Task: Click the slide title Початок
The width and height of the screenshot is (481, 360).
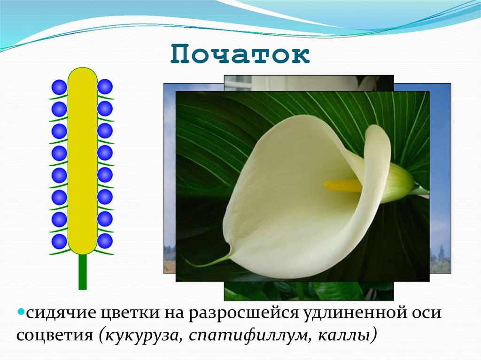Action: pos(240,55)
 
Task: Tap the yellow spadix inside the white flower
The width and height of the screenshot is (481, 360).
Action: pos(342,185)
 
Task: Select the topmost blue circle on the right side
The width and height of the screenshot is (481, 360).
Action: pos(105,87)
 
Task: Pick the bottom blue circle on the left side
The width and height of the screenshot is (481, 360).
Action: pos(59,241)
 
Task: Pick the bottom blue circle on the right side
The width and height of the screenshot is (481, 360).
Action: pos(105,241)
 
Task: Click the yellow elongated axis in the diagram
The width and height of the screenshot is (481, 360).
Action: pos(83,160)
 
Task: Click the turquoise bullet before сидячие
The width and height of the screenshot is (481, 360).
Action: pos(21,312)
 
